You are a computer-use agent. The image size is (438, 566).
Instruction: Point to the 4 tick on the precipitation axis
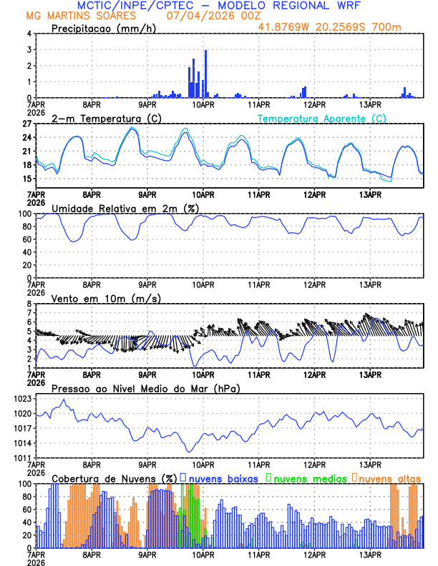pos(29,34)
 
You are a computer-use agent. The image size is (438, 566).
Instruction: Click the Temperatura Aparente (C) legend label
pos(322,118)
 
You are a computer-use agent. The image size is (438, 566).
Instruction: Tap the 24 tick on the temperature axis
pos(26,137)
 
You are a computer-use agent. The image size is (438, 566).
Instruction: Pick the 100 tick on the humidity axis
pos(24,214)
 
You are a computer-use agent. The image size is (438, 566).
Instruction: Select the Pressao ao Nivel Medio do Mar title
pos(145,388)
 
